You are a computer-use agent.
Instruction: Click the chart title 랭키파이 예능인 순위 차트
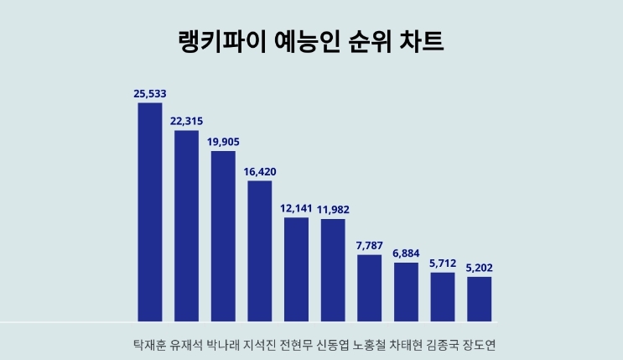[311, 42]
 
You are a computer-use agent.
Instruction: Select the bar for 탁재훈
[150, 211]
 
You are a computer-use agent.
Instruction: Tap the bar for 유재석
[186, 225]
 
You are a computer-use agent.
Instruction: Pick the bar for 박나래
[223, 236]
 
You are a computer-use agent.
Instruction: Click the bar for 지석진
[260, 250]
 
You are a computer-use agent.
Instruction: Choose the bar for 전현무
[297, 269]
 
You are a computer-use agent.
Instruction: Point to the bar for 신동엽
[333, 269]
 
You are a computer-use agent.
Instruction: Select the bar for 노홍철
[370, 287]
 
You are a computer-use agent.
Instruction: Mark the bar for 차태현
[406, 291]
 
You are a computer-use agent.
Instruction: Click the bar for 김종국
[443, 296]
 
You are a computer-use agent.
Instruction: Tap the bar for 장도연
[479, 299]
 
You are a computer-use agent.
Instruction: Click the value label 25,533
[151, 93]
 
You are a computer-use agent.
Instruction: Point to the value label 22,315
[186, 121]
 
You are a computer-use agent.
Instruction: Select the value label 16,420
[260, 171]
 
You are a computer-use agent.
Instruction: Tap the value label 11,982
[333, 209]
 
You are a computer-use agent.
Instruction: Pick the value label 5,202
[480, 267]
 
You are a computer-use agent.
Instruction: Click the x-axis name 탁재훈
[149, 345]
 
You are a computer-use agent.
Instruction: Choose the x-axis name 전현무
[295, 345]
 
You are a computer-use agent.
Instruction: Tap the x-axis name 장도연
[480, 345]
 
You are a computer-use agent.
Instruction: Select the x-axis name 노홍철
[370, 345]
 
